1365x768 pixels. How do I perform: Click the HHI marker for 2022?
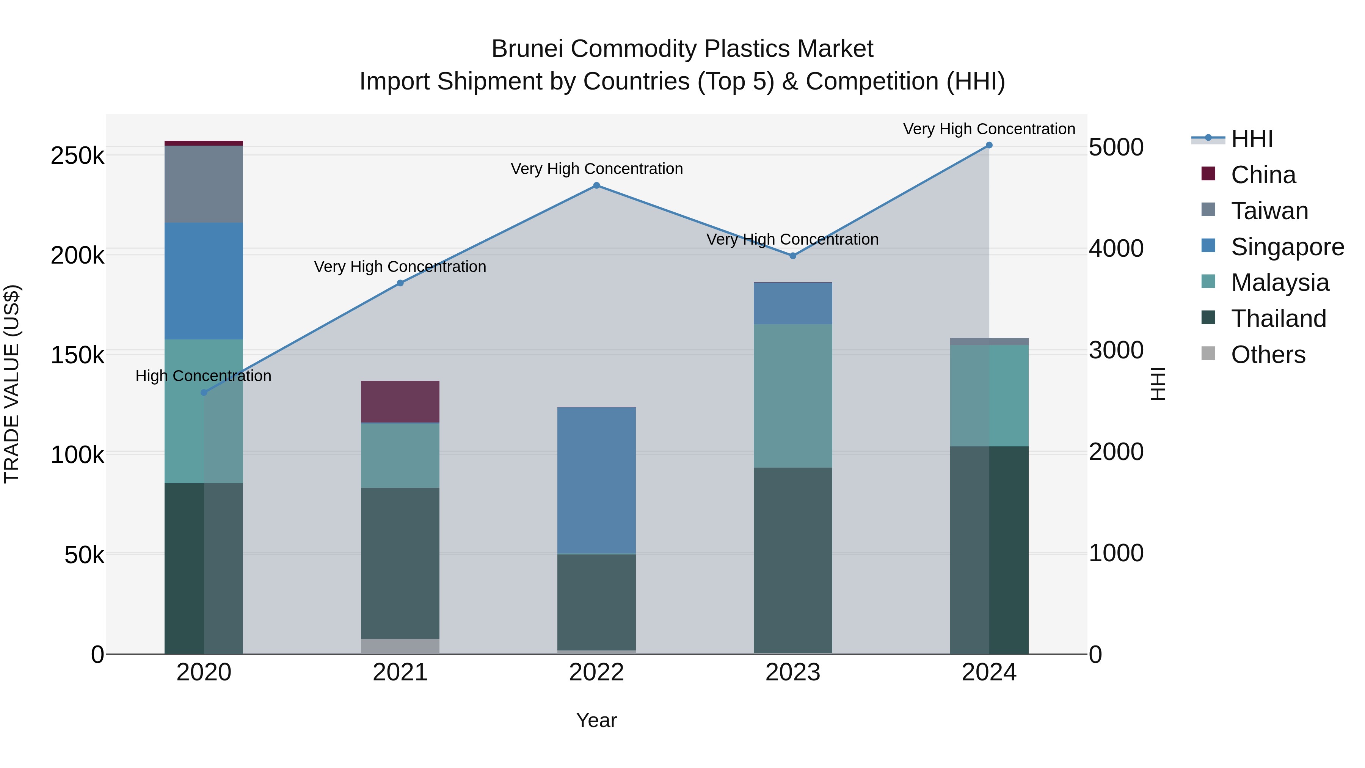(596, 185)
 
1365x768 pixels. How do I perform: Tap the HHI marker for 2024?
(989, 145)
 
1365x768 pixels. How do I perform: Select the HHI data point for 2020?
(204, 393)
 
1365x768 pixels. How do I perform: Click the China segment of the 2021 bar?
(400, 401)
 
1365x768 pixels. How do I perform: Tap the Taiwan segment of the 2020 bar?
(204, 184)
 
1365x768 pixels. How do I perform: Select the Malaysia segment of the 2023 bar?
(793, 396)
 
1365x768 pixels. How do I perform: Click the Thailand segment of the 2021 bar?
(400, 563)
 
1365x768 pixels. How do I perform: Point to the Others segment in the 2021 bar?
(400, 646)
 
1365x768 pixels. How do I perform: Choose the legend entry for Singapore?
(1287, 247)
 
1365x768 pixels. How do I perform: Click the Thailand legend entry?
(1278, 319)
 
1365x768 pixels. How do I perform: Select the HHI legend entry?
(1252, 139)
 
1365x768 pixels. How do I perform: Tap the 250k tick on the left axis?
(77, 156)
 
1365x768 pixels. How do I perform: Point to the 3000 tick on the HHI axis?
(1116, 350)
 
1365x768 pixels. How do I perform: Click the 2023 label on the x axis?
(793, 672)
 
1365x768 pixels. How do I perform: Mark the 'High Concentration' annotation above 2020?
(204, 376)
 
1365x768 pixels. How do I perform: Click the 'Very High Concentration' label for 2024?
(989, 129)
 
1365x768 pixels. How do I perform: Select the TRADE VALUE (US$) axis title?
(12, 384)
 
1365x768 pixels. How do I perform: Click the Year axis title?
(596, 720)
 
